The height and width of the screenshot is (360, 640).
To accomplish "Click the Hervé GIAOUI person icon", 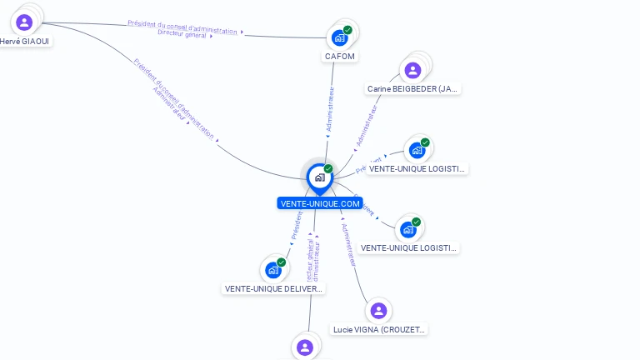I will pos(24,22).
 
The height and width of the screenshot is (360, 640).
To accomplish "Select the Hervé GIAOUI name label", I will pos(25,41).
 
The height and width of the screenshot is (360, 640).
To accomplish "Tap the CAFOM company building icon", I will pos(339,37).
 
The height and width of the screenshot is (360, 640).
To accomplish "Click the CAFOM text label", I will pos(339,57).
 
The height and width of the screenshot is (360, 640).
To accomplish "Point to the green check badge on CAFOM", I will pos(347,30).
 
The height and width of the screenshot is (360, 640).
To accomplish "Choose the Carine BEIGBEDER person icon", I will pos(411,70).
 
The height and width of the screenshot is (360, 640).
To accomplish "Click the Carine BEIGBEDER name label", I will pos(413,88).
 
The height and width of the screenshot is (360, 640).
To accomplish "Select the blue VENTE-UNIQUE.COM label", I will pos(320,203).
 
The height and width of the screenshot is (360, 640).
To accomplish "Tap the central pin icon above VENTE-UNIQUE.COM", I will pos(319,177).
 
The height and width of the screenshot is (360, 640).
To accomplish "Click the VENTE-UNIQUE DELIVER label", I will pos(273,289).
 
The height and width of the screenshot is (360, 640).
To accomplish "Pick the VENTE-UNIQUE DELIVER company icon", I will pos(272,270).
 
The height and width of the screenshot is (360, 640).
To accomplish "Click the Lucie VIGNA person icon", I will pos(378,311).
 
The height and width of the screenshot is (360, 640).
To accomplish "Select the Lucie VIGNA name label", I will pos(379,329).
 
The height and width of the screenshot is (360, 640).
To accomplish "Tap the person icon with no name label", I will pos(305,347).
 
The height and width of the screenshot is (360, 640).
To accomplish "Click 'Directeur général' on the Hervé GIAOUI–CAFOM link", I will pos(184,33).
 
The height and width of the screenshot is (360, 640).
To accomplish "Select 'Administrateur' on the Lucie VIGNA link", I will pos(349,246).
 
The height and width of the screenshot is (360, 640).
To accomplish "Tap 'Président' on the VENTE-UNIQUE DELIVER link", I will pos(297,224).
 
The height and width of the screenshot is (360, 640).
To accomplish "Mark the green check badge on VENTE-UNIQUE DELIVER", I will pos(282,262).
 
